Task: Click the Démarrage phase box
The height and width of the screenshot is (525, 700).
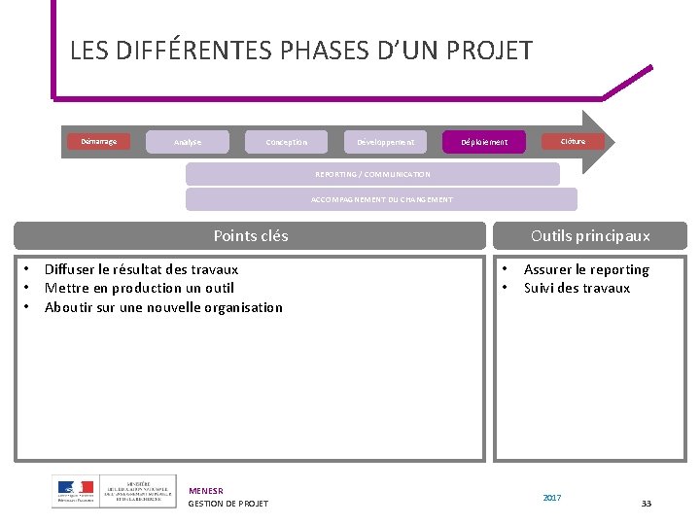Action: click(98, 141)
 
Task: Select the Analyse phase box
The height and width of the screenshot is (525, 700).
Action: click(188, 142)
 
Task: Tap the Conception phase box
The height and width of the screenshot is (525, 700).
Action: click(287, 142)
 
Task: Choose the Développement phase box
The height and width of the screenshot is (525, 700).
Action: click(385, 142)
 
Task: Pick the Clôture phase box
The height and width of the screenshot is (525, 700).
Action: click(574, 141)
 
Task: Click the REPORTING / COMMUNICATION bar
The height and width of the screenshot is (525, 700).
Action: click(372, 174)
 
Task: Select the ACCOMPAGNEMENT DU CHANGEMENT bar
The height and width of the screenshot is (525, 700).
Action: click(381, 199)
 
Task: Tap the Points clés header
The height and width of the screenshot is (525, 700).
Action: click(250, 235)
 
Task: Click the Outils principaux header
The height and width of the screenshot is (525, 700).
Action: click(590, 235)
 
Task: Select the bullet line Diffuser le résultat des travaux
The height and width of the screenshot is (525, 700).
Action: click(141, 269)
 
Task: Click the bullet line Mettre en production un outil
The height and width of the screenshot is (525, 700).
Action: click(139, 288)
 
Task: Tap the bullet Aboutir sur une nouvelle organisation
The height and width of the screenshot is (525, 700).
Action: click(163, 307)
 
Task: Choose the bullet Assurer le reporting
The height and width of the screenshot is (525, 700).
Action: click(586, 269)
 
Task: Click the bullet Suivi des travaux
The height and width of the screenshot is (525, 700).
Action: click(577, 288)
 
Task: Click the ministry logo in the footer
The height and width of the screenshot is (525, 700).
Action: click(114, 491)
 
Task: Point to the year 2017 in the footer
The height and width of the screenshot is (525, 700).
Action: click(552, 498)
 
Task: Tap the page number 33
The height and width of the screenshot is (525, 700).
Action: click(647, 503)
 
